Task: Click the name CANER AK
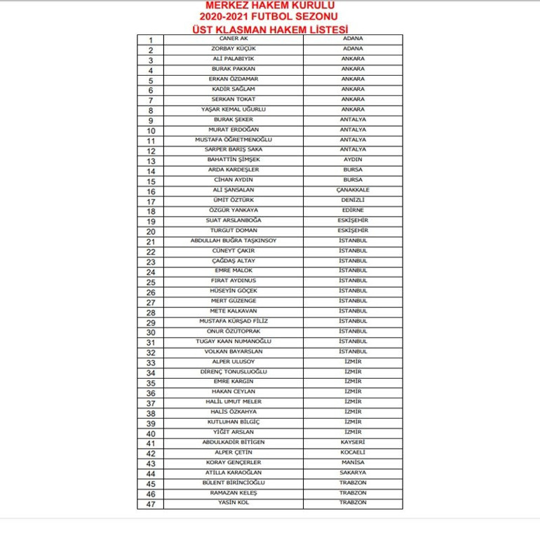tap(234, 39)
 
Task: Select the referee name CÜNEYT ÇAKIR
tap(234, 250)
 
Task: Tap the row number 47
tap(151, 504)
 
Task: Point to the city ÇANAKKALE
tap(353, 190)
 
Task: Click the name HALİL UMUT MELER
tap(234, 402)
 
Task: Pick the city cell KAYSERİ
tap(353, 443)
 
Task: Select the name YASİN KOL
tap(234, 503)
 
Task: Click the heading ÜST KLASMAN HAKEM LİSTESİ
tap(270, 29)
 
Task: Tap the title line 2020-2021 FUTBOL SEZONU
tap(270, 16)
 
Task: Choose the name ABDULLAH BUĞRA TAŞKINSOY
tap(234, 241)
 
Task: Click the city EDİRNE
tap(353, 210)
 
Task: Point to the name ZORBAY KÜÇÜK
tap(234, 48)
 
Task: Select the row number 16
tap(151, 191)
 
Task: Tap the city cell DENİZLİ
tap(353, 200)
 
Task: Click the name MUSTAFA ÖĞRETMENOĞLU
tap(234, 140)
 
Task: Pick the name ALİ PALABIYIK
tap(234, 59)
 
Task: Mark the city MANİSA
tap(353, 463)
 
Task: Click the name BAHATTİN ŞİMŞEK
tap(234, 160)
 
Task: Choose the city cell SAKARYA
tap(353, 473)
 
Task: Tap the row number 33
tap(151, 363)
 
